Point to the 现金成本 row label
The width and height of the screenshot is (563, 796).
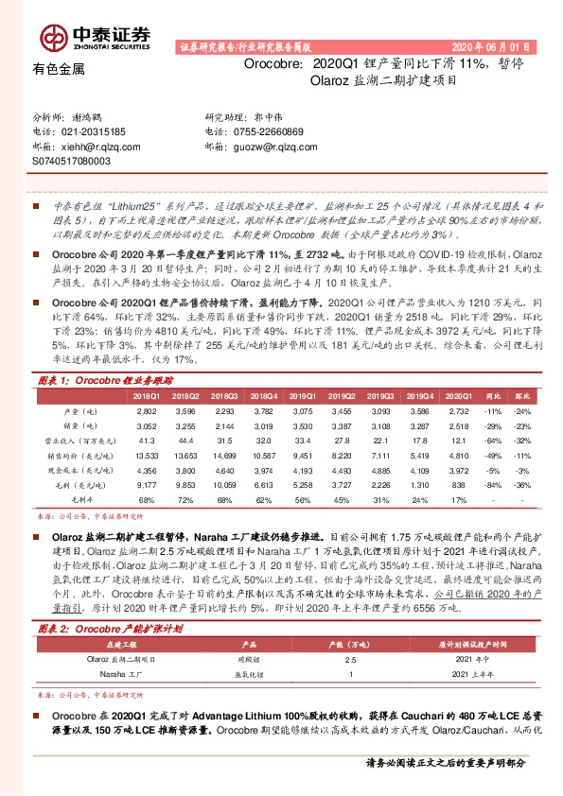79,471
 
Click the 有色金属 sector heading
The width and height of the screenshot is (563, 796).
59,68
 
